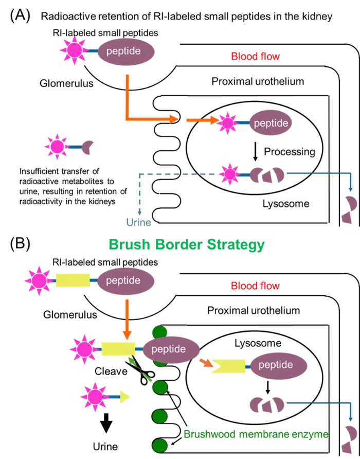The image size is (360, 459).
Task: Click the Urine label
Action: click(139, 223)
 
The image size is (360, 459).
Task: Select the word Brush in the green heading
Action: click(129, 244)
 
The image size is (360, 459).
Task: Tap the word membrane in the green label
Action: click(263, 434)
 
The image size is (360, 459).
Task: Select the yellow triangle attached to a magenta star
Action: click(124, 397)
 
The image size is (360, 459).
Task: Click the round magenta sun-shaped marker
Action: click(57, 147)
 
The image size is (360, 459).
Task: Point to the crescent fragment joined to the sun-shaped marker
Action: click(88, 147)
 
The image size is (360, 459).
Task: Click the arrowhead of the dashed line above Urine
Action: click(139, 212)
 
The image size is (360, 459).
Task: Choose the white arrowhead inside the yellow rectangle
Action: click(216, 366)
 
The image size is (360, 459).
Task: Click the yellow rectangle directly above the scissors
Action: click(118, 349)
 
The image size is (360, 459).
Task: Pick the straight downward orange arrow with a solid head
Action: click(127, 319)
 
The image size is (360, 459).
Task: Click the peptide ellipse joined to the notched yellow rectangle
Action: click(278, 365)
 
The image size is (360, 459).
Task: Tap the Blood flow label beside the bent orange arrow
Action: click(255, 57)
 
